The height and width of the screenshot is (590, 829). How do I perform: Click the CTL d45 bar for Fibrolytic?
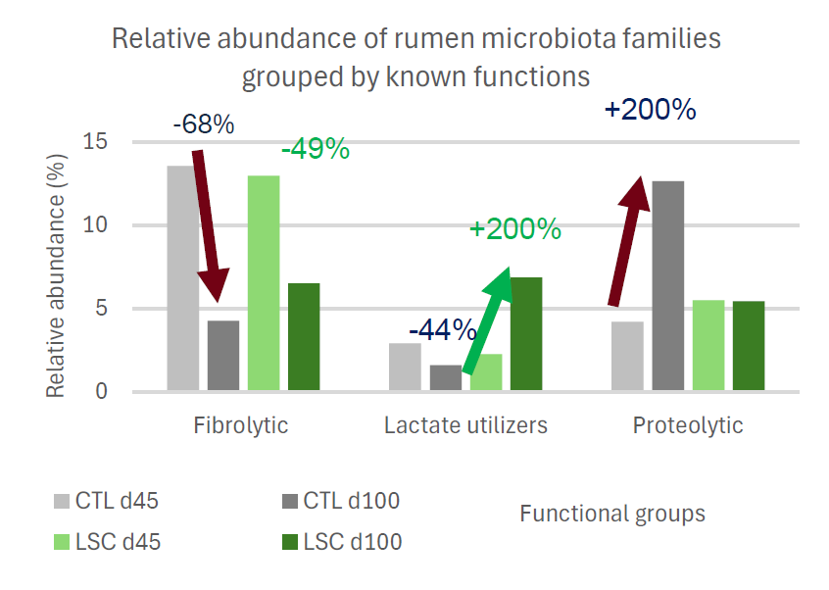click(182, 278)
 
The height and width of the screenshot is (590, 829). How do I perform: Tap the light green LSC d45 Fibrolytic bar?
click(264, 283)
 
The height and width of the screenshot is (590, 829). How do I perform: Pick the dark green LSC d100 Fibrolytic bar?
click(304, 337)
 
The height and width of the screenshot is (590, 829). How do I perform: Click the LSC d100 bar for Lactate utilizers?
click(526, 334)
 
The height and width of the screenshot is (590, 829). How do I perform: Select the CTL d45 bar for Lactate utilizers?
click(405, 368)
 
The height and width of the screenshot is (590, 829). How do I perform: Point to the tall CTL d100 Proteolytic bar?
click(667, 286)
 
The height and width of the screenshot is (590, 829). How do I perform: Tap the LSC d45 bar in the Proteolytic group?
click(707, 346)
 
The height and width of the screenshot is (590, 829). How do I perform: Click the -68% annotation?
click(203, 124)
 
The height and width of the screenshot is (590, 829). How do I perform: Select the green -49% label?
click(315, 149)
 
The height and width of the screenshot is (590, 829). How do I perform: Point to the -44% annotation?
click(442, 329)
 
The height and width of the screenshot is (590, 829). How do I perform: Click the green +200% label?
click(515, 229)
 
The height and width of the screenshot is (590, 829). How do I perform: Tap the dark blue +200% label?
click(650, 109)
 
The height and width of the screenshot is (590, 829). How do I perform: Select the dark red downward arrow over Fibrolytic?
click(209, 225)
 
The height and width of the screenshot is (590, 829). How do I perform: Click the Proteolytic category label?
click(687, 425)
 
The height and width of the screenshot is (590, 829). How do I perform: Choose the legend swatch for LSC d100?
click(288, 542)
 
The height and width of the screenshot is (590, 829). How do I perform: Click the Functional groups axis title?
click(611, 514)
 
